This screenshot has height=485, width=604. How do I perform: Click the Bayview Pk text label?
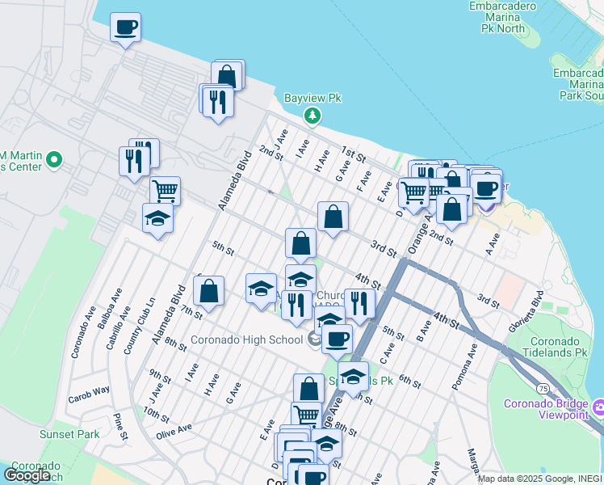(x=313, y=99)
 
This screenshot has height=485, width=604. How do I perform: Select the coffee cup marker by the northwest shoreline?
(x=125, y=28)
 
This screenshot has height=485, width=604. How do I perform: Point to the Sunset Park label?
(x=69, y=434)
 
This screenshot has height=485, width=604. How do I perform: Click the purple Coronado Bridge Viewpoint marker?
(x=599, y=404)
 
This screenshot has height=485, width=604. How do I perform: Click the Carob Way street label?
(x=89, y=390)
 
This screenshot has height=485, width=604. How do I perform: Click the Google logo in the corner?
(x=27, y=475)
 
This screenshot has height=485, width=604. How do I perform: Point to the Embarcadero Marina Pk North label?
(x=509, y=17)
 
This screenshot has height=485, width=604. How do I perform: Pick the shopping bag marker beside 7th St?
(x=209, y=292)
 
